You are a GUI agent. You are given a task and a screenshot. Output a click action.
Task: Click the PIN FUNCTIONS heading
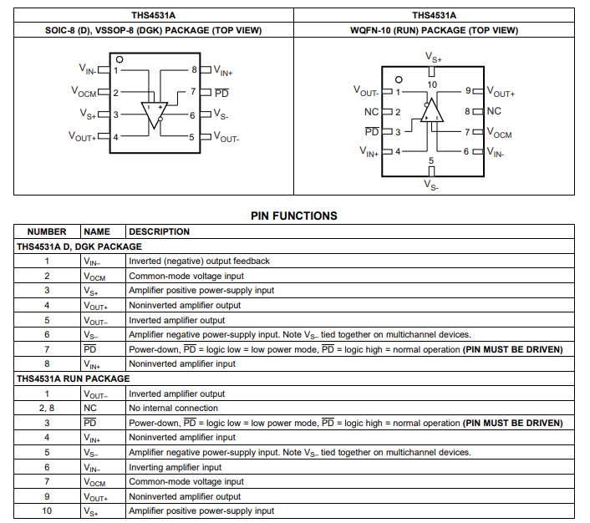pos(294,216)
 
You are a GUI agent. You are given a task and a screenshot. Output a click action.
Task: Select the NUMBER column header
pos(47,231)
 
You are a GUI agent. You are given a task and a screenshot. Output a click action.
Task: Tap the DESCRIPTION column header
pos(159,231)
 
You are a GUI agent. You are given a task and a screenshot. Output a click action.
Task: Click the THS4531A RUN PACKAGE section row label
pos(73,378)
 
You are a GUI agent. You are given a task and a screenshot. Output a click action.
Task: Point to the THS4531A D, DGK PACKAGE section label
pos(79,246)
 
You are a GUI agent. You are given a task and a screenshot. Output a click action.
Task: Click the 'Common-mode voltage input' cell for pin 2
pos(186,276)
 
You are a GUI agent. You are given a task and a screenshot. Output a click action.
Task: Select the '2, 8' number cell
pos(47,408)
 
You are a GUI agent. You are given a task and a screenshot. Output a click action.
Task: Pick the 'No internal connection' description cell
pos(173,408)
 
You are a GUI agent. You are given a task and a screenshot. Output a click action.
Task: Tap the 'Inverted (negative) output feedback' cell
pos(199,261)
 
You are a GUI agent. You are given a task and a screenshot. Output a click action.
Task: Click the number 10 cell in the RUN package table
pos(47,510)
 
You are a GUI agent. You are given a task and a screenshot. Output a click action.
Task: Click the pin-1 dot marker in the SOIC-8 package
pos(120,60)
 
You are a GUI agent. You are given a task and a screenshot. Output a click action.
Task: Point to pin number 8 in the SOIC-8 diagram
pos(194,70)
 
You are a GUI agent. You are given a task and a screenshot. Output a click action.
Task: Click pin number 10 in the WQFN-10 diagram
pos(432,84)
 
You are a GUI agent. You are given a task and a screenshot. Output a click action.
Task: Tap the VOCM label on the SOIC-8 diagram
pos(84,93)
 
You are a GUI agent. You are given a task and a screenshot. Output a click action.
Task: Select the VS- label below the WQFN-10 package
pos(432,185)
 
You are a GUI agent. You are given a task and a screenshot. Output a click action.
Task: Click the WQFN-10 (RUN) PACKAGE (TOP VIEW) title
pos(434,31)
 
